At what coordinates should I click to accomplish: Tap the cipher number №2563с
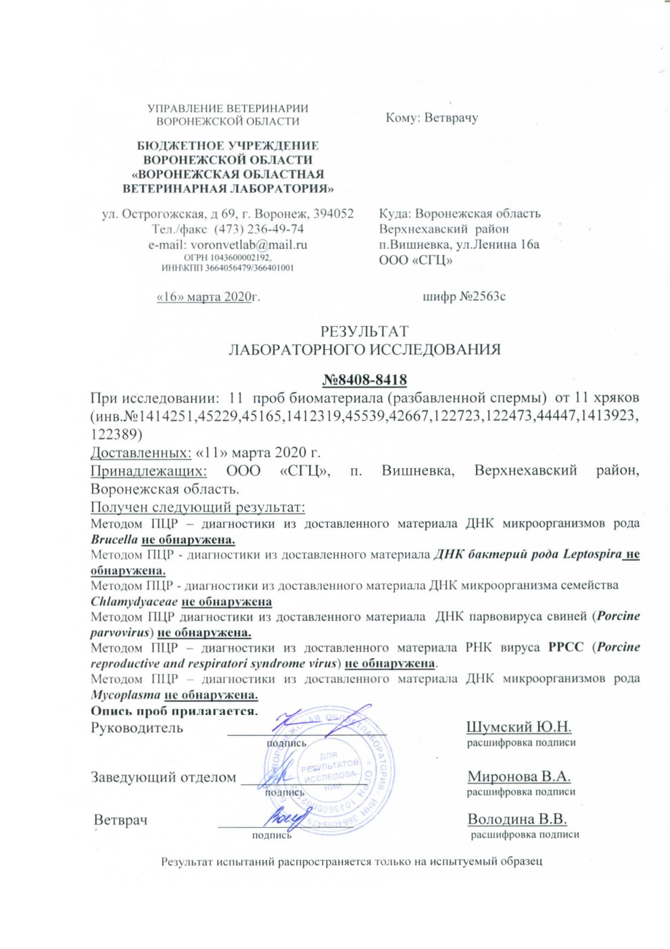[x=464, y=296]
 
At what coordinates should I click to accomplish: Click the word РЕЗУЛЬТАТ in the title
[x=364, y=331]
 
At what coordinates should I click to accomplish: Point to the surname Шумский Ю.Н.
[x=519, y=727]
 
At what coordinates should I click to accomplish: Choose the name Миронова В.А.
[x=519, y=777]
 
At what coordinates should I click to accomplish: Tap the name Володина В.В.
[x=517, y=819]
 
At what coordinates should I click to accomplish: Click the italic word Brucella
[x=114, y=540]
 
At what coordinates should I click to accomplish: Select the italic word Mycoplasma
[x=125, y=695]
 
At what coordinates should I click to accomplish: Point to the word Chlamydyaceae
[x=135, y=601]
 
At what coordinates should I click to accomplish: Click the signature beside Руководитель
[x=318, y=724]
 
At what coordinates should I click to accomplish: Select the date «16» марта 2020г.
[x=208, y=296]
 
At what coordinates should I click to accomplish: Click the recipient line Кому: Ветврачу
[x=431, y=118]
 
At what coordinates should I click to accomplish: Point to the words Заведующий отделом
[x=164, y=777]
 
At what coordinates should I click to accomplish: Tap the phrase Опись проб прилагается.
[x=174, y=711]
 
